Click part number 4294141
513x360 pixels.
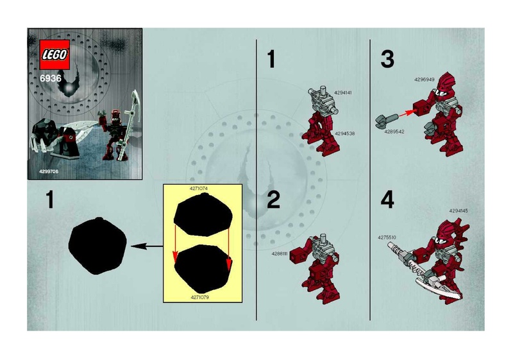coord(343,92)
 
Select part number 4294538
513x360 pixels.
coord(344,133)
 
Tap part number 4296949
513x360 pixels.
coord(425,80)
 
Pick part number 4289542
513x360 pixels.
coord(392,132)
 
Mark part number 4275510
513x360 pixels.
coord(389,237)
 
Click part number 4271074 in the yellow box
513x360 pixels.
coord(201,188)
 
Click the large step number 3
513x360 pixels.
coord(387,60)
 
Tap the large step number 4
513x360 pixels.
coord(387,201)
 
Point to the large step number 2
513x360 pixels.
coord(274,201)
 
